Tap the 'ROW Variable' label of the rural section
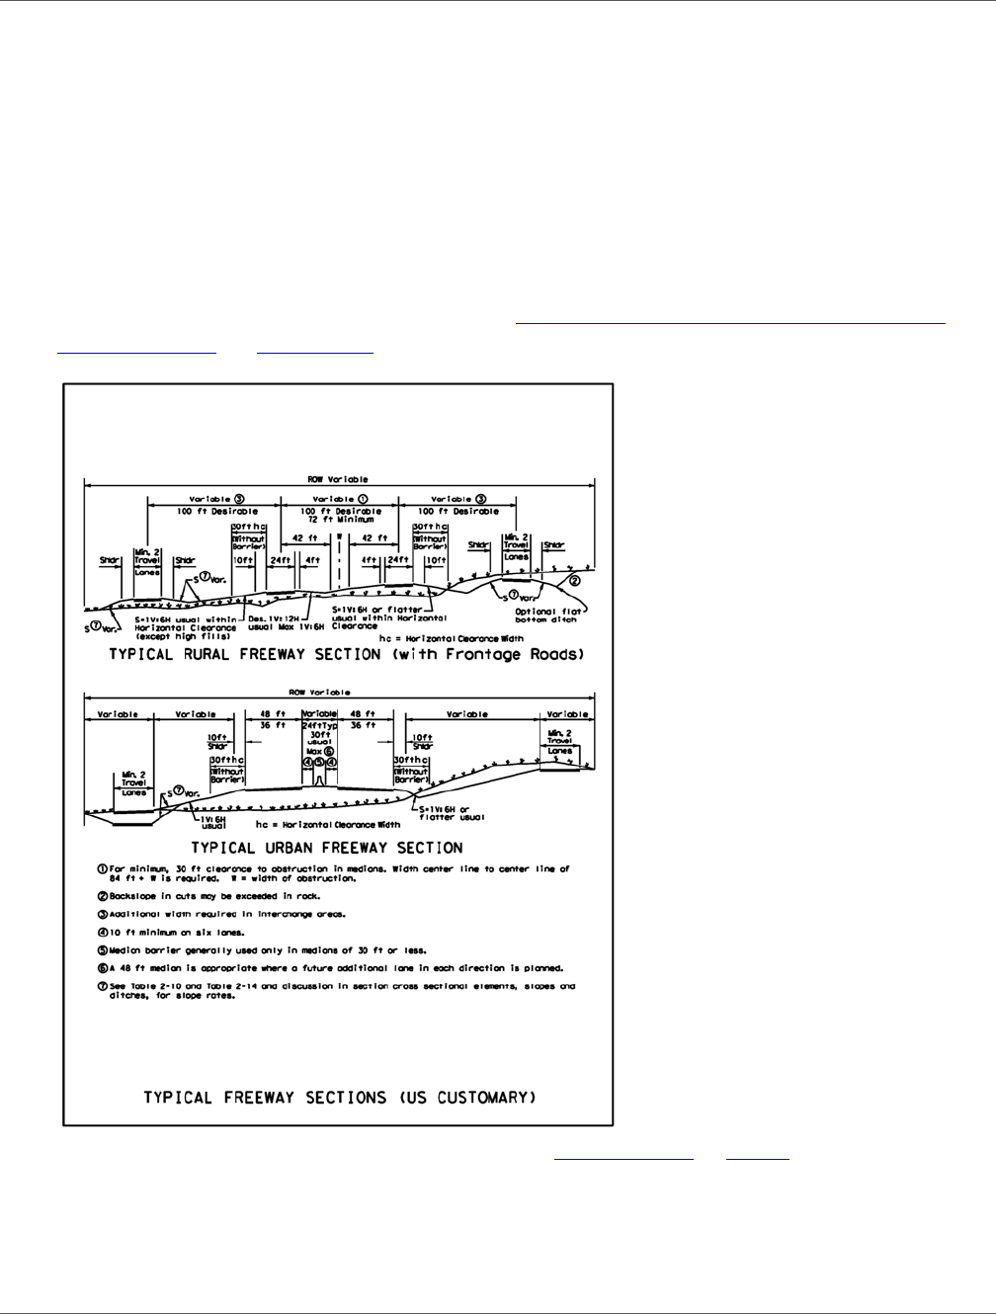point(338,479)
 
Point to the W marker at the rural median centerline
point(339,538)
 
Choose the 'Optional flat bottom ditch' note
point(544,616)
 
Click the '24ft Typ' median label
point(318,725)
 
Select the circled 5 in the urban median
point(319,762)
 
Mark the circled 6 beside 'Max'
point(329,751)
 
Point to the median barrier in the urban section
point(319,780)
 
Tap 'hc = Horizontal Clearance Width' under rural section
point(449,638)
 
